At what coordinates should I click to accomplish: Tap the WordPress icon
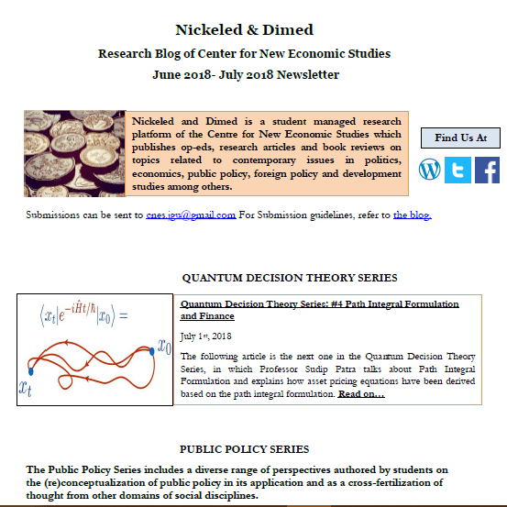tap(430, 169)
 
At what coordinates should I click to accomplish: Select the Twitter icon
tap(457, 169)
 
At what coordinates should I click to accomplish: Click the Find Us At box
tap(460, 138)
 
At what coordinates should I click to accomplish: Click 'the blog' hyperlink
tap(412, 215)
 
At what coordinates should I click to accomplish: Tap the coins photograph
tap(74, 153)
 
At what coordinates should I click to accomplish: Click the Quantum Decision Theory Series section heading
tap(290, 278)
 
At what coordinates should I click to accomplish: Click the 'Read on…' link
tap(361, 394)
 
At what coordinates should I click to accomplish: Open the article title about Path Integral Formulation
tap(319, 309)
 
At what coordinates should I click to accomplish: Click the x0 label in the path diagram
tap(164, 347)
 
